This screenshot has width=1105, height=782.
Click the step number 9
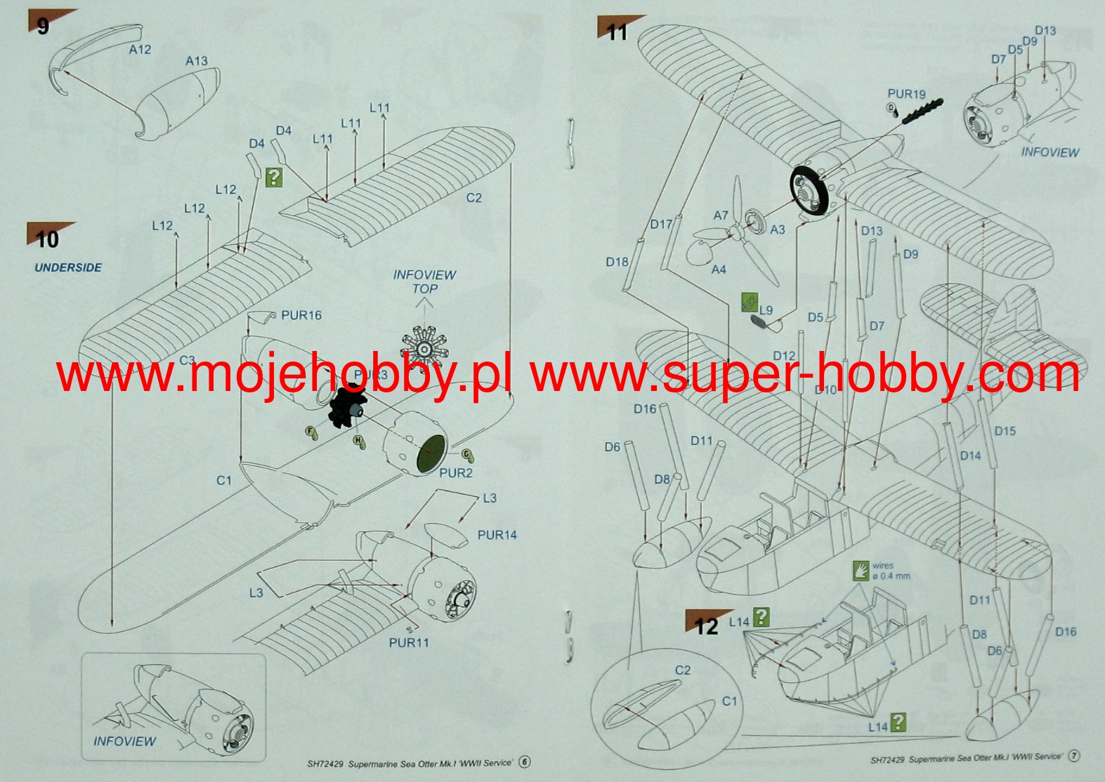pos(43,27)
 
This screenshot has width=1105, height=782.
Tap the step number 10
pos(47,239)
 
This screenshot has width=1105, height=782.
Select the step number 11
pos(617,32)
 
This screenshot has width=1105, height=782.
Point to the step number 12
pos(707,626)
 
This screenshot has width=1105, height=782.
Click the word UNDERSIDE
pos(68,267)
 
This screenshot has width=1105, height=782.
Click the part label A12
pos(140,50)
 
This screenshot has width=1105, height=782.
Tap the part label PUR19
pos(906,93)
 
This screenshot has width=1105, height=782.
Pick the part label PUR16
pos(301,315)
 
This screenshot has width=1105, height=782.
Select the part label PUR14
pos(497,535)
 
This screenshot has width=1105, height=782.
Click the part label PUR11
pos(409,642)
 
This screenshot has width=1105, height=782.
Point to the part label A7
pos(721,216)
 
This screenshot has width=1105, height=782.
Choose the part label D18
pos(617,262)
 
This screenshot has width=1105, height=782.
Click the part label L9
pos(766,310)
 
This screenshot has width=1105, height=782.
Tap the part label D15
pos(1005,431)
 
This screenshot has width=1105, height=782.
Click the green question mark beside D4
pos(274,177)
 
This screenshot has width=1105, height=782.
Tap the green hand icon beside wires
pos(861,571)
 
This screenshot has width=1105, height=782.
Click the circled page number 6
pos(525,762)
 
